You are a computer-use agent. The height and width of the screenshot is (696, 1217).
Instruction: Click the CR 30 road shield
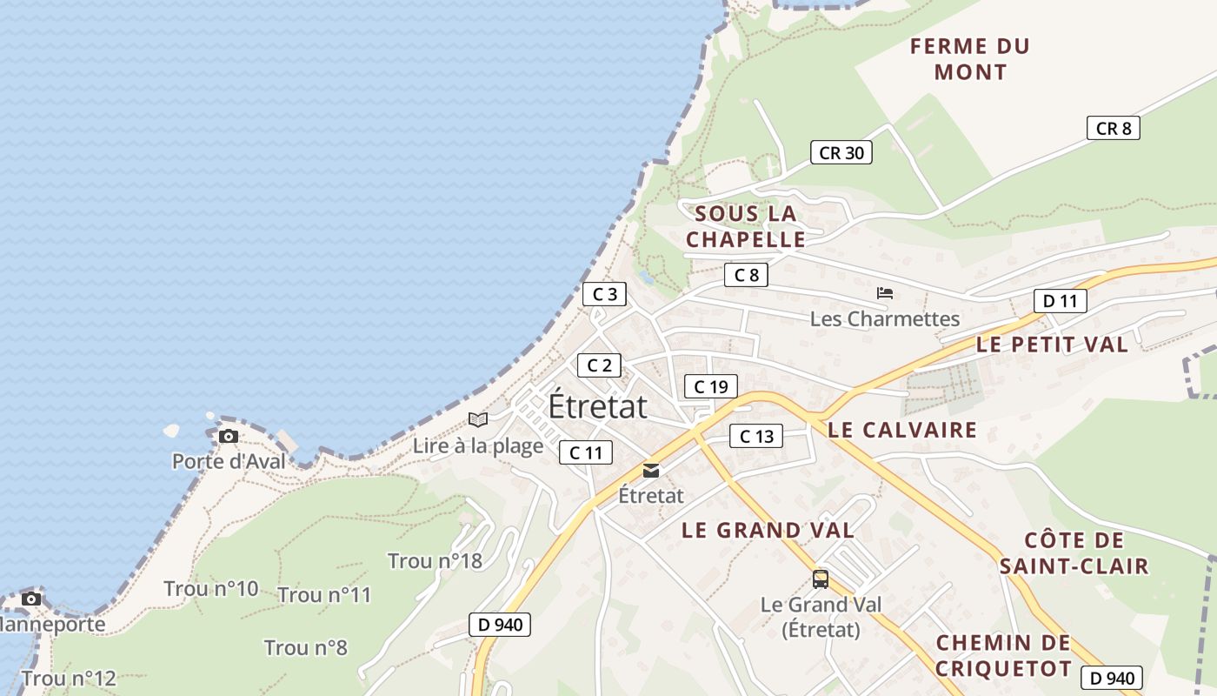click(x=841, y=152)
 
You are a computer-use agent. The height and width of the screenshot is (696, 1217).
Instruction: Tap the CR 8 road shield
click(x=1113, y=128)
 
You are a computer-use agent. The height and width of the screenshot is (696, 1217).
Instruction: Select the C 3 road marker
click(x=603, y=294)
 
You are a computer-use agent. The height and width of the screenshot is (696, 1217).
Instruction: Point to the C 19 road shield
click(x=710, y=386)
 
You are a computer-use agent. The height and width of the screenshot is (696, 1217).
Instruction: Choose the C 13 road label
click(x=755, y=436)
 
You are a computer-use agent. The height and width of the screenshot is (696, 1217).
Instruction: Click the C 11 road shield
click(x=585, y=452)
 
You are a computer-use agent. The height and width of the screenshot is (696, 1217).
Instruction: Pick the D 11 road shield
click(x=1060, y=301)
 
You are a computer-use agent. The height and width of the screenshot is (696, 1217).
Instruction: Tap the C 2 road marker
click(x=599, y=365)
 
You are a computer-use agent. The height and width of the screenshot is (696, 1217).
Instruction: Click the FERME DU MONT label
click(x=970, y=59)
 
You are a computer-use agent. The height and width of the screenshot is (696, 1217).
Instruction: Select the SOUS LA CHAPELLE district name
click(x=746, y=226)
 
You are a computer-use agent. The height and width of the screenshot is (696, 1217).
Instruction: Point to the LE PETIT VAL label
click(x=1052, y=345)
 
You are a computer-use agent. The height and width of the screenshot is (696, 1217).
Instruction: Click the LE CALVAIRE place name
click(x=902, y=430)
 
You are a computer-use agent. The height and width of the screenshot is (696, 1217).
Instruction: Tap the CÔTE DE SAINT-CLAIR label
click(x=1074, y=553)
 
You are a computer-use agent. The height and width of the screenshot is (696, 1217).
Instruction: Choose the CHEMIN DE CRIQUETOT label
click(x=1003, y=656)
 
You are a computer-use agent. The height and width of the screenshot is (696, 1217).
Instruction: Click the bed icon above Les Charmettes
click(x=885, y=293)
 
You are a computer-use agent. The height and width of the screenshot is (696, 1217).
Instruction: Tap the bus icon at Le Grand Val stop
click(x=820, y=579)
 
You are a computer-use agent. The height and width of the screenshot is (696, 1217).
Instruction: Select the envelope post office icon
click(x=650, y=471)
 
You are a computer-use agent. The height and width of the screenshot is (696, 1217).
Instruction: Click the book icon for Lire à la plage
click(x=477, y=419)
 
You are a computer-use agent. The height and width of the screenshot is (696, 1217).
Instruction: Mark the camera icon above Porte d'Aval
click(x=229, y=436)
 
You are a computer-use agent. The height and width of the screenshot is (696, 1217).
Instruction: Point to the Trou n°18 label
click(x=435, y=561)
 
